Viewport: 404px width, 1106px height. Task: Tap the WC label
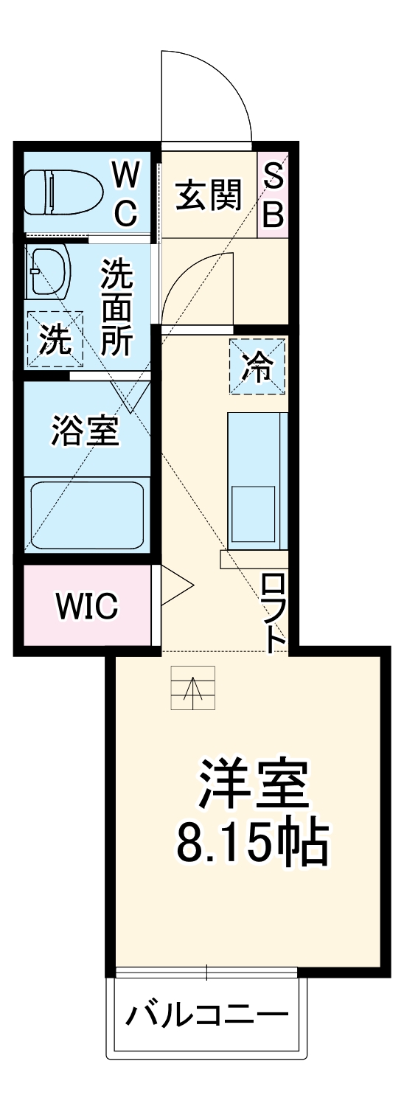point(126,195)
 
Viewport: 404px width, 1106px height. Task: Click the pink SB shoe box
point(273,195)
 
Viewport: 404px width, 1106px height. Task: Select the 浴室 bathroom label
point(85,431)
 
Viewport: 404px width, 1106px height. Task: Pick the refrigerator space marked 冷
point(257,366)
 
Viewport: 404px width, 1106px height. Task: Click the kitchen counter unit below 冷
point(257,479)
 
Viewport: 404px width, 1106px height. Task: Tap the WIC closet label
point(86,605)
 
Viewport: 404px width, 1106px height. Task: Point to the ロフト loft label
point(274,613)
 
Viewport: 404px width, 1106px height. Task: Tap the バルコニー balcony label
point(206,1018)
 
